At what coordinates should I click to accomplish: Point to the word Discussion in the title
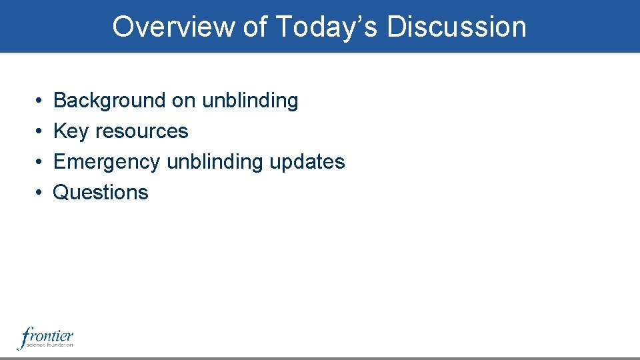tap(457, 27)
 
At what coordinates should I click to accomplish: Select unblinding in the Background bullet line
tap(250, 101)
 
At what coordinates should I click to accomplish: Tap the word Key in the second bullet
tap(71, 131)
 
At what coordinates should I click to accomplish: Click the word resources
tap(142, 131)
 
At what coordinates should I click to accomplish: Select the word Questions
tap(101, 193)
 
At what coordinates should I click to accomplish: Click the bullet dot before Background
tap(39, 101)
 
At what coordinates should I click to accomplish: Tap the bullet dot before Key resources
tap(39, 132)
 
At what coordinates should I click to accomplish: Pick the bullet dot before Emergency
tap(39, 163)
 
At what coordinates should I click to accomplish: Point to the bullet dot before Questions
tap(39, 193)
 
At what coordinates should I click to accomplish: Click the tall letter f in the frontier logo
tap(25, 337)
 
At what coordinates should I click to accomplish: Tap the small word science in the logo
tap(35, 345)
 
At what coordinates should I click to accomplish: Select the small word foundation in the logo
tap(59, 345)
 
